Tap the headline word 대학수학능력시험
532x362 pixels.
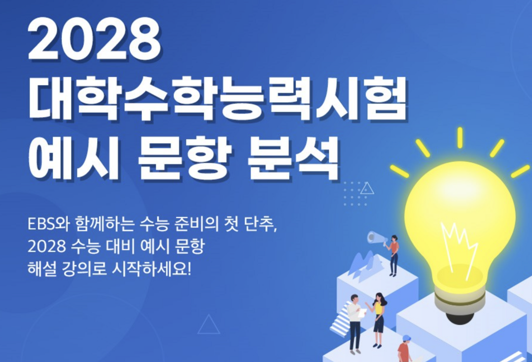(217, 99)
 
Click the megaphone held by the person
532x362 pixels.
(377, 238)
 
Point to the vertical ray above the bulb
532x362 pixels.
(460, 137)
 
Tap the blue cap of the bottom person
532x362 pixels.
(406, 339)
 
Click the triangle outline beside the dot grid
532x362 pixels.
(367, 188)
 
